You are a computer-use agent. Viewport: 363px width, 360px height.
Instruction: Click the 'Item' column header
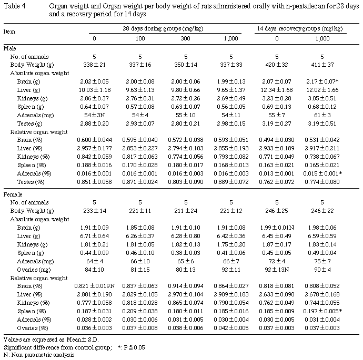point(9,32)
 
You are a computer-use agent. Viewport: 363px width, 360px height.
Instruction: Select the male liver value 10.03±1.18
point(95,91)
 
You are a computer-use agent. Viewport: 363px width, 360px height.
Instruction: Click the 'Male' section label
point(10,49)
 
